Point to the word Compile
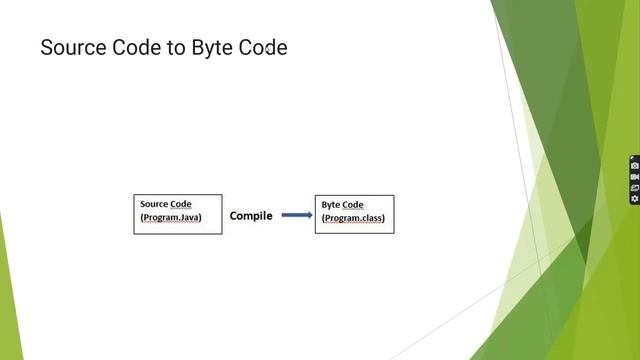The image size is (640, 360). tap(251, 215)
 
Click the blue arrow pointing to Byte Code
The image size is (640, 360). tap(296, 215)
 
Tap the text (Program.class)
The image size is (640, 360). tap(352, 219)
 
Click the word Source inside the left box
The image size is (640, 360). tap(154, 204)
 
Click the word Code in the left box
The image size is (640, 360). tap(181, 204)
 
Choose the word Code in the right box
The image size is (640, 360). tap(353, 205)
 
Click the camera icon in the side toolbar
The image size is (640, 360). tap(634, 166)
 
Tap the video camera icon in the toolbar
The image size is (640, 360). tap(634, 177)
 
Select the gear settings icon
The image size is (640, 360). tap(634, 199)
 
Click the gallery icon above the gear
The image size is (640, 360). tap(634, 188)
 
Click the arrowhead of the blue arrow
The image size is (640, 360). tap(307, 215)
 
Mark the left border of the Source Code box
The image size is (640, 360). tap(134, 214)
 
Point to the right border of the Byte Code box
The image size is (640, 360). tap(394, 214)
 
